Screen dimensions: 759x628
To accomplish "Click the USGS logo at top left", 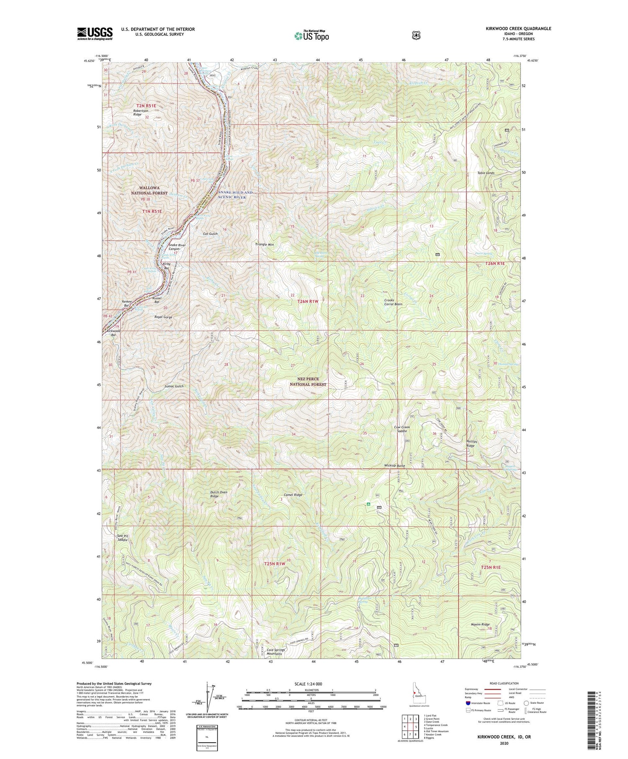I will click(x=95, y=33).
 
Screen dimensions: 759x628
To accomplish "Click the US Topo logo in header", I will click(x=311, y=36).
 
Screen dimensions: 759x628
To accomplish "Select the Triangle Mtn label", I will click(x=264, y=244).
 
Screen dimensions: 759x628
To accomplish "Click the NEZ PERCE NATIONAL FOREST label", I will click(x=308, y=381).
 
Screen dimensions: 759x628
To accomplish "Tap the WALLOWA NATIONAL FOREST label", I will click(x=149, y=190).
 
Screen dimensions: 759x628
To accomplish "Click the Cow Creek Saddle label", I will click(x=402, y=429).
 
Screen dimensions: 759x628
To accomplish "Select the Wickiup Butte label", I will click(x=394, y=466).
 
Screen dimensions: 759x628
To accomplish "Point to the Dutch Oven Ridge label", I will click(x=219, y=494).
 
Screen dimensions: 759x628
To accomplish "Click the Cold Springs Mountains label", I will click(x=276, y=652).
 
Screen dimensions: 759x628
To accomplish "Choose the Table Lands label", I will click(x=486, y=173).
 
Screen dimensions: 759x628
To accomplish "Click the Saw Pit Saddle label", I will click(x=122, y=538).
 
